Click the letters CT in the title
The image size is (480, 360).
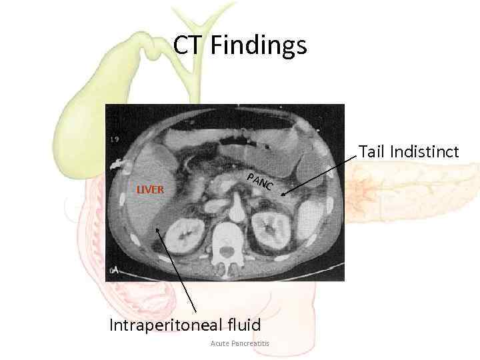coord(188,46)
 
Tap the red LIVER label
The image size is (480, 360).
coord(150,189)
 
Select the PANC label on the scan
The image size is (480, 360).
coord(259,181)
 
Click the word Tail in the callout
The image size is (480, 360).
coord(371,152)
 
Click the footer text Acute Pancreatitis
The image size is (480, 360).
coord(239,343)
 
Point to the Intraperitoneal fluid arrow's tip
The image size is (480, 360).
coord(156,229)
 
